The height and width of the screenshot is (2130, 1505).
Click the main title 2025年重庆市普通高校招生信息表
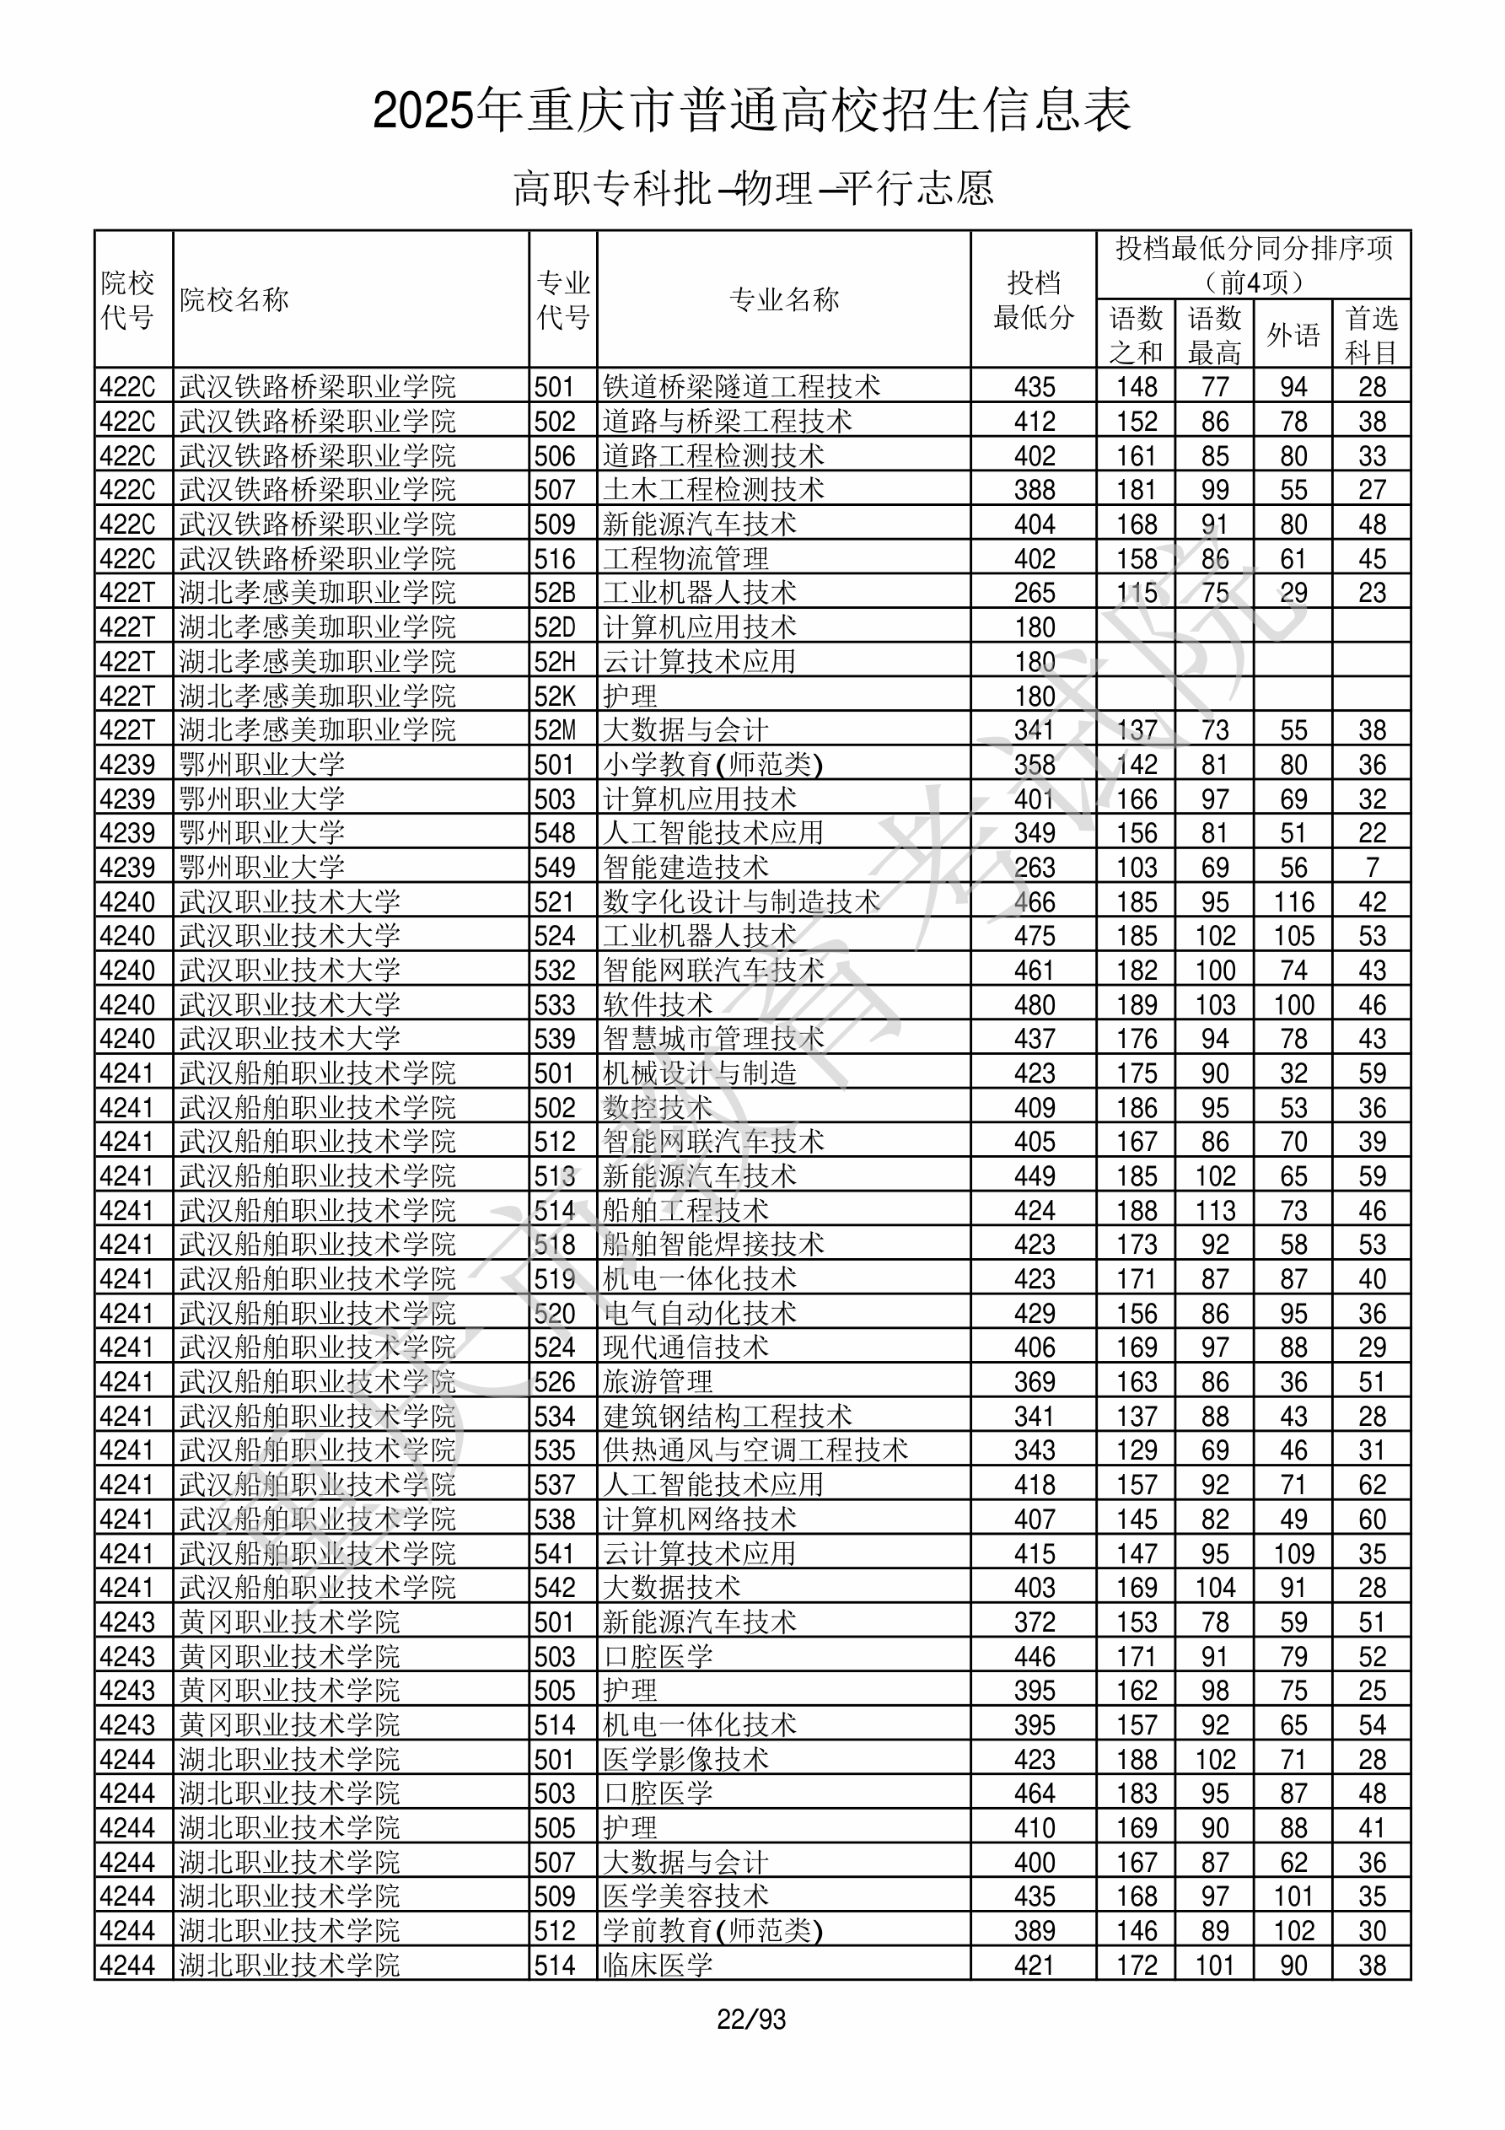[751, 110]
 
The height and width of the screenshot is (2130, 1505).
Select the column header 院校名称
[234, 299]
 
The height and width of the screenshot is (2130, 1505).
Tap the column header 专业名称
[784, 299]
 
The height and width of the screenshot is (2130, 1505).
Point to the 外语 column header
[1293, 334]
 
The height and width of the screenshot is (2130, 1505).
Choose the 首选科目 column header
[1372, 334]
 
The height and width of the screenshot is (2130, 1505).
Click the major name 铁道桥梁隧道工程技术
[740, 387]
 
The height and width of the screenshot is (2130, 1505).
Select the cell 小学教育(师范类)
[712, 765]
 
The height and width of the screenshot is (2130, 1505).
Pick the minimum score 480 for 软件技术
[1034, 1004]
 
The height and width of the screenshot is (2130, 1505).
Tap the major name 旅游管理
[657, 1381]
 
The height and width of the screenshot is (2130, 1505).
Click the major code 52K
[555, 696]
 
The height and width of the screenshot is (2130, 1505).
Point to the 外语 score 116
[1293, 901]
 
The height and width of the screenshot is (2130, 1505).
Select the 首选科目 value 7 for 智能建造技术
[1372, 868]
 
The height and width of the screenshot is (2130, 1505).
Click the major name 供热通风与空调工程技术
[755, 1450]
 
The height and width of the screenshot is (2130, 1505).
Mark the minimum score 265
[1034, 593]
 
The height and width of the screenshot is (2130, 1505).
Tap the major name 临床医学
[657, 1965]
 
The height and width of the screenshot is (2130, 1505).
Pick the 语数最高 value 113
[1215, 1211]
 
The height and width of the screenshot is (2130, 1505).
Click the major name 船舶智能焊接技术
[712, 1244]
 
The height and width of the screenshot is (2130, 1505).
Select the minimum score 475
[1034, 936]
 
